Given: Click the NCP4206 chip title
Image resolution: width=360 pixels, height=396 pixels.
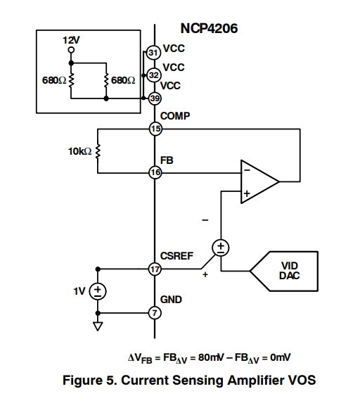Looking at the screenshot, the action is (209, 28).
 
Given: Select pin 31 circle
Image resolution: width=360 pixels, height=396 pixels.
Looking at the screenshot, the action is (153, 53).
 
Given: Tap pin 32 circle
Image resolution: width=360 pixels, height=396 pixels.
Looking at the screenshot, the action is (154, 75).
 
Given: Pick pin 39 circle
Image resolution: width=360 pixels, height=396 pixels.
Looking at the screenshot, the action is (155, 98).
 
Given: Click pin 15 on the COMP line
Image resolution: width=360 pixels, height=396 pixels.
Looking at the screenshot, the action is (155, 129).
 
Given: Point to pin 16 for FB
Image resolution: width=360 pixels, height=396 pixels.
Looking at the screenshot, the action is (155, 173).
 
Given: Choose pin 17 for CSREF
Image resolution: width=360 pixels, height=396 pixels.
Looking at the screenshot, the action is (155, 269).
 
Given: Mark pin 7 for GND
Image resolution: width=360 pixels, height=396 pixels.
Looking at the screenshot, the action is (155, 313).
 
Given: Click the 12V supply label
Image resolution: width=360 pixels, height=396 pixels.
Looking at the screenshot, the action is (71, 40).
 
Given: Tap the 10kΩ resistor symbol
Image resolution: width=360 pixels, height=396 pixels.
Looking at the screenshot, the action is (98, 151).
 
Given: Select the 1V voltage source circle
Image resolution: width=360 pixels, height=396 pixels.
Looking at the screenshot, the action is (98, 291).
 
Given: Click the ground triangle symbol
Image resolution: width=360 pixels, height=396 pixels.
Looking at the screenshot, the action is (98, 326).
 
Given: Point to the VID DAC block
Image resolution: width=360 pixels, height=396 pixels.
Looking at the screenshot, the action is (284, 272).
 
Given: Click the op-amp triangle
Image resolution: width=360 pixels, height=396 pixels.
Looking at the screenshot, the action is (260, 181).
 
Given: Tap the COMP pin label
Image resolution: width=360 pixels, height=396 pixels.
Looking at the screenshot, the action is (175, 116).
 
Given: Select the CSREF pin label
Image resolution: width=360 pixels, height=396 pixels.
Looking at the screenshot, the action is (176, 256).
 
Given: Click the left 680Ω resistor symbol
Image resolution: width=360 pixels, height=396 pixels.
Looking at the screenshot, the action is (71, 80).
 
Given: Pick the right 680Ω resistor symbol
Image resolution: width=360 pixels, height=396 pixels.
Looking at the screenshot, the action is (106, 80).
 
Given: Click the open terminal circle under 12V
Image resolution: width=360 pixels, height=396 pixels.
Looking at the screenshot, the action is (71, 50).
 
